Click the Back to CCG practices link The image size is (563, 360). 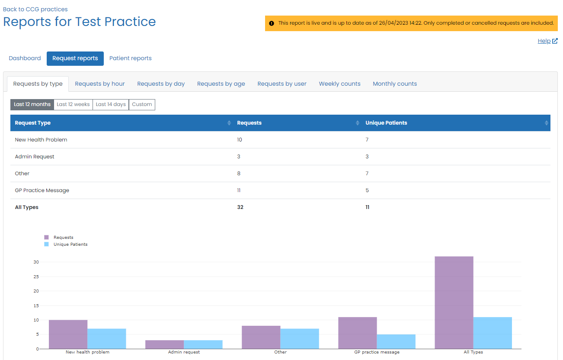[35, 9]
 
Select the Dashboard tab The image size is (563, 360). [25, 58]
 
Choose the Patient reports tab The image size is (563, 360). [130, 58]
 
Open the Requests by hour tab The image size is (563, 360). [99, 84]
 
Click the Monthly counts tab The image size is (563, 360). [394, 84]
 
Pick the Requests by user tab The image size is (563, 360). [281, 84]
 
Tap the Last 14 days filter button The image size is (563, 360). [111, 104]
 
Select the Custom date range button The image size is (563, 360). [142, 104]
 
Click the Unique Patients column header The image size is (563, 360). [386, 123]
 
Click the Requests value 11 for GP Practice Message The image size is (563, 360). [239, 190]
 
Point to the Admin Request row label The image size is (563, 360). [35, 157]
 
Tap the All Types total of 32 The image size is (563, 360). [240, 207]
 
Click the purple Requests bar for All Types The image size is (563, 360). [454, 302]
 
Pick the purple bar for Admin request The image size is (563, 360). [164, 344]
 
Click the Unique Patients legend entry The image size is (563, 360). [70, 244]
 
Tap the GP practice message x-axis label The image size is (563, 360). [377, 352]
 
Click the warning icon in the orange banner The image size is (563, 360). [272, 23]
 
